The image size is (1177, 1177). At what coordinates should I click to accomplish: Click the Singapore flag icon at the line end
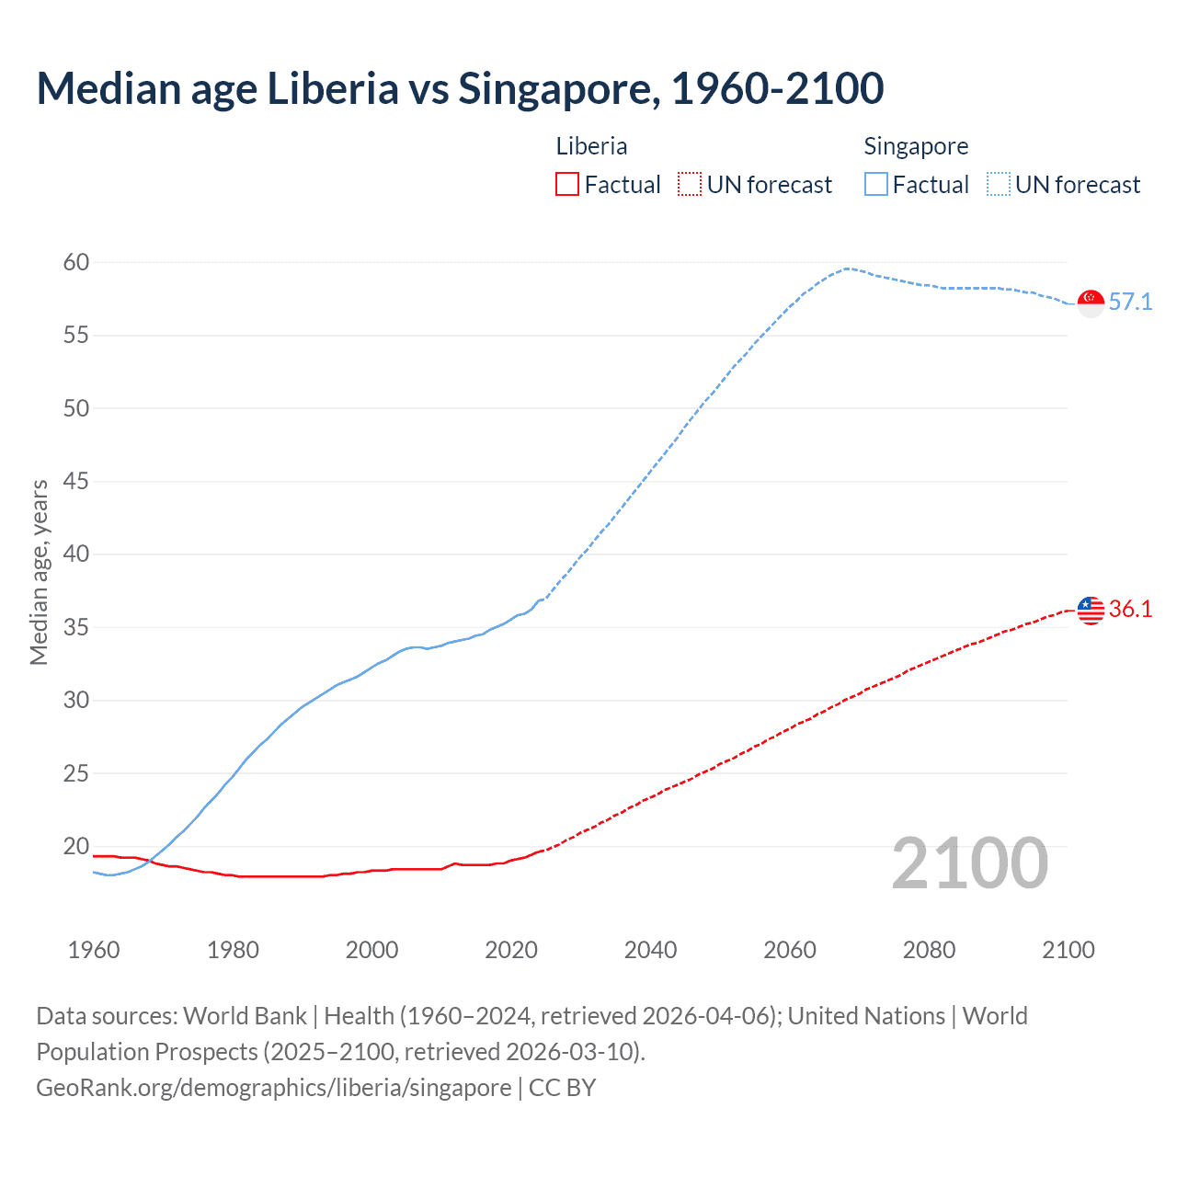coord(1091,303)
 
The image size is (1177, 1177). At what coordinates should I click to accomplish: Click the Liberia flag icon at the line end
coord(1091,610)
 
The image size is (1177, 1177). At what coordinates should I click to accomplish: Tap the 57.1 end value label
coord(1130,303)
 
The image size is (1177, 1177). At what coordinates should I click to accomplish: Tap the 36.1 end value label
coord(1130,610)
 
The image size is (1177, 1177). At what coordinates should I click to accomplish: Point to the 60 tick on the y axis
coord(76,263)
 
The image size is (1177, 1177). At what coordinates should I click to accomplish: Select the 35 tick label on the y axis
coord(76,628)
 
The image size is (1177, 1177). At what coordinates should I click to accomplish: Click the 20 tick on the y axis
coord(76,847)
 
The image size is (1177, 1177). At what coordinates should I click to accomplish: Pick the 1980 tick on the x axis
coord(233,950)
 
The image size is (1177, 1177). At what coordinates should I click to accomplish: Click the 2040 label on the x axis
coord(650,950)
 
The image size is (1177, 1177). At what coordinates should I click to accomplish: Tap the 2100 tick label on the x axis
coord(1068,950)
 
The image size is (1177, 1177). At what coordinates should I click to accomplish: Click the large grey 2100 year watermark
coord(969,863)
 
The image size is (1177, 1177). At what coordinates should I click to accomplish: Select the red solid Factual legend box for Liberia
coord(567,185)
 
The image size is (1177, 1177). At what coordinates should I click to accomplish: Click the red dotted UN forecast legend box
coord(690,185)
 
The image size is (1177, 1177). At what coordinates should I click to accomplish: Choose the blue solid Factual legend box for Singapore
coord(876,185)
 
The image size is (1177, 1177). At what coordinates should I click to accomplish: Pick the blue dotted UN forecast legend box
coord(999,185)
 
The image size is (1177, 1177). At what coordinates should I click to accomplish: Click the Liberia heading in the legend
coord(591,147)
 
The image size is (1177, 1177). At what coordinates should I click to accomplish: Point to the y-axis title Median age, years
coord(39,572)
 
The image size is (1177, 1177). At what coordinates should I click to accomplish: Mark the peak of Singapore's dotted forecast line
coord(846,269)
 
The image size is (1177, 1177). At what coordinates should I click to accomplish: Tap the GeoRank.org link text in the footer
coord(274,1088)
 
